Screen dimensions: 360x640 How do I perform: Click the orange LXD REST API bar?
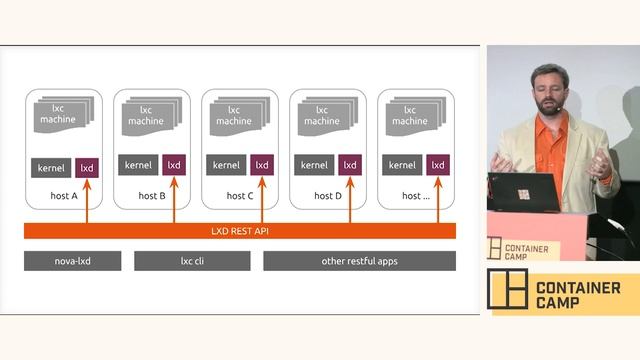coord(240,231)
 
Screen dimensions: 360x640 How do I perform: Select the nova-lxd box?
coord(72,261)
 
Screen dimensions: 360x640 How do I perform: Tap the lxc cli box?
coord(192,261)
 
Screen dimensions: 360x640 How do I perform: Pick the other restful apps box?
coord(359,261)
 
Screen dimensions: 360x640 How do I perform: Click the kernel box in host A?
coord(51,167)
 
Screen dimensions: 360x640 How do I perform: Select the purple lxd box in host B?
coord(174,165)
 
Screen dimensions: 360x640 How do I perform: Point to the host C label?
coord(240,196)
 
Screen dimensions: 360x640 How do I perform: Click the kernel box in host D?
coord(315,165)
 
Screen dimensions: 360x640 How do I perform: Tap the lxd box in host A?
coord(87,167)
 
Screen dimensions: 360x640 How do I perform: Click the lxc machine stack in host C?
coord(235,115)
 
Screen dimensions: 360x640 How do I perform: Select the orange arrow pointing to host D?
coord(349,200)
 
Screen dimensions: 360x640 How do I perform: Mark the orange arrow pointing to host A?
coord(87,202)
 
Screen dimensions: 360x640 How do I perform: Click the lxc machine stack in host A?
coord(59,115)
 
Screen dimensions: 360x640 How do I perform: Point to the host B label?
coord(149,196)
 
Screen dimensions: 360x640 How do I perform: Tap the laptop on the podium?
coord(523,191)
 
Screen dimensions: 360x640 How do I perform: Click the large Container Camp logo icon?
coord(507,289)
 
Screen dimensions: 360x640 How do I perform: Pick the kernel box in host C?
coord(227,165)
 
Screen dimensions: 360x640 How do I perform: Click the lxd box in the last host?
coord(438,165)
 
